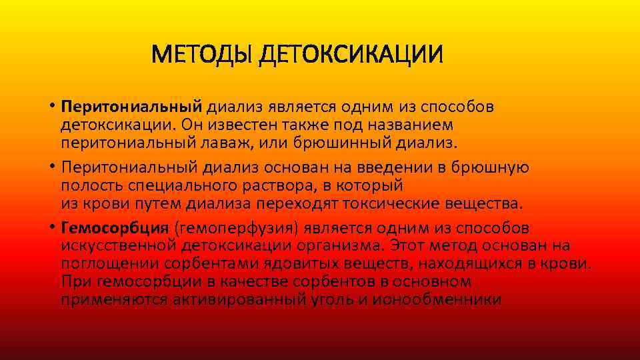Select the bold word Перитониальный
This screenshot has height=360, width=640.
[x=131, y=107]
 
